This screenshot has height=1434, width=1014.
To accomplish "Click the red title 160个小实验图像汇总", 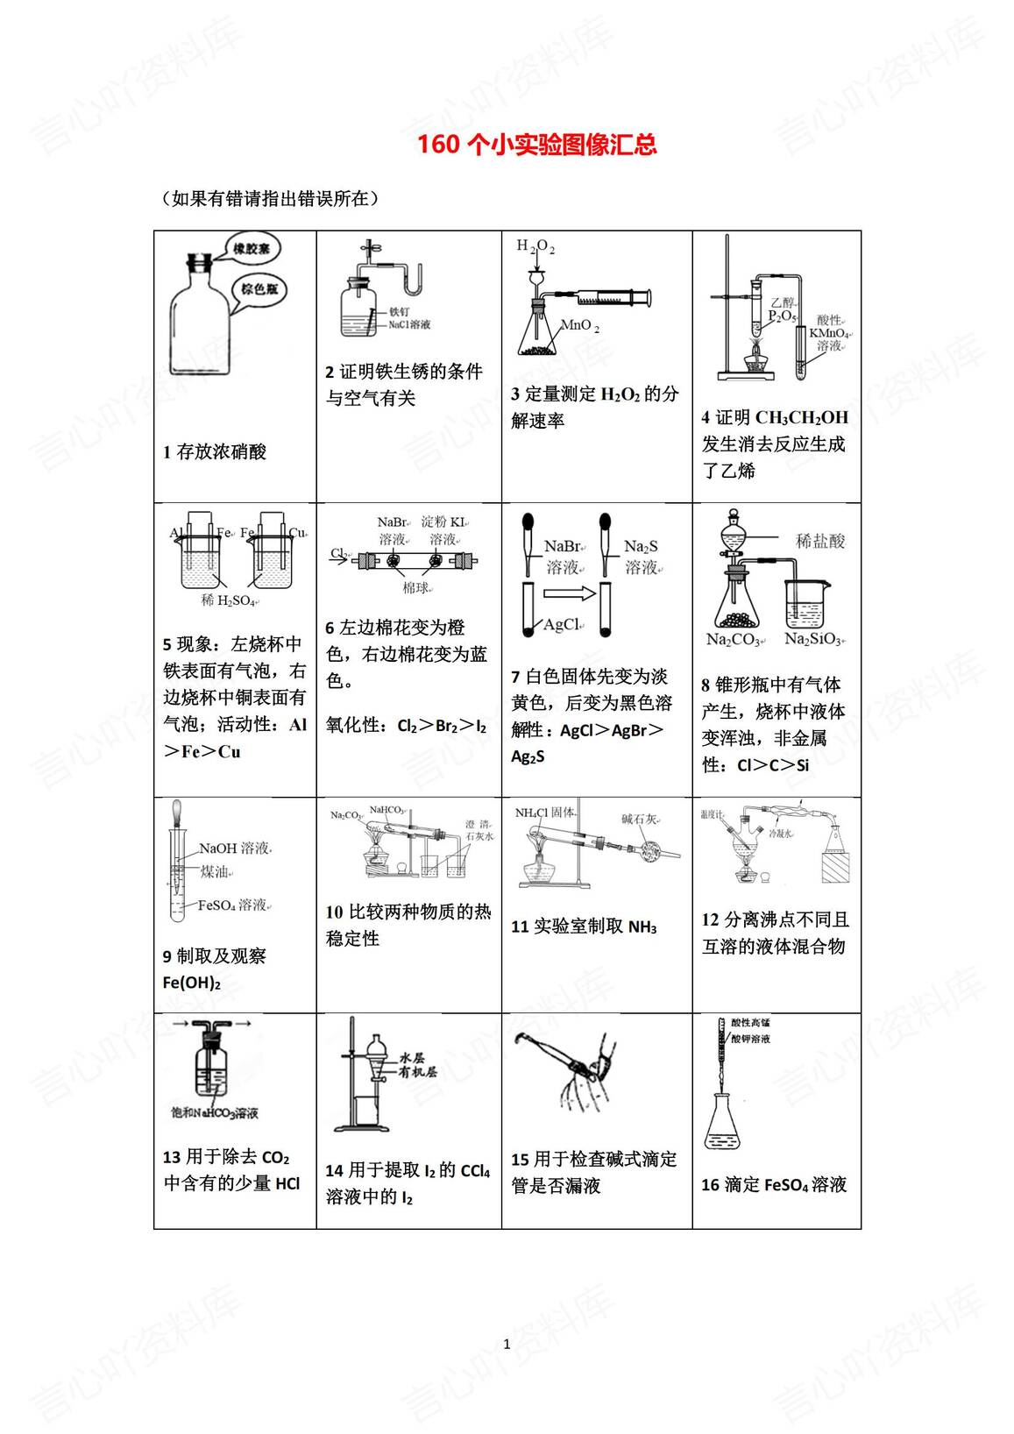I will tap(536, 145).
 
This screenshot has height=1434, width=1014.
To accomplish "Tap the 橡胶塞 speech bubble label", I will tap(252, 249).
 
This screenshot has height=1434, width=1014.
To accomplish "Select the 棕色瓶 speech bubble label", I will tap(259, 288).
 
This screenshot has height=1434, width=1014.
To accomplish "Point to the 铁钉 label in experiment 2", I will tap(399, 311).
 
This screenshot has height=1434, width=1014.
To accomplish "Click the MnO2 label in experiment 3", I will tap(579, 326).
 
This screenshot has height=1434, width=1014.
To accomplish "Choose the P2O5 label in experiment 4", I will tap(782, 316).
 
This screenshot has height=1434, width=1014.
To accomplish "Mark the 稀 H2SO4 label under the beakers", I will tap(227, 600).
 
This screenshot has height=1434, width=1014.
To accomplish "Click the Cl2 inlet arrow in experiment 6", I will tap(343, 554).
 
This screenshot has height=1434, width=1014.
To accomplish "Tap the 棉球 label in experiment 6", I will tap(416, 587).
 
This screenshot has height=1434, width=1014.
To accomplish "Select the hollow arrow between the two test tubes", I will tap(569, 594).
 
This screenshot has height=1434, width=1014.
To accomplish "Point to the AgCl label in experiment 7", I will tap(562, 624).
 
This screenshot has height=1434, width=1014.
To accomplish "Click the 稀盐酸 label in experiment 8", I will tap(819, 541).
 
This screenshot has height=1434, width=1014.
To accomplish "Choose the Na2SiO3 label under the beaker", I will tap(812, 639).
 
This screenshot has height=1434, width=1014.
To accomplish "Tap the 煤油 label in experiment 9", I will tap(215, 871).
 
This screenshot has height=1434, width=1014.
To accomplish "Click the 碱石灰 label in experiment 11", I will tap(639, 819).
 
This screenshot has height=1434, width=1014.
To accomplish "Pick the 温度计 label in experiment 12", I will tap(712, 814).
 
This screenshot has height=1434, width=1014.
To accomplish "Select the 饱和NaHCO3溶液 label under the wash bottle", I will tap(215, 1113).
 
